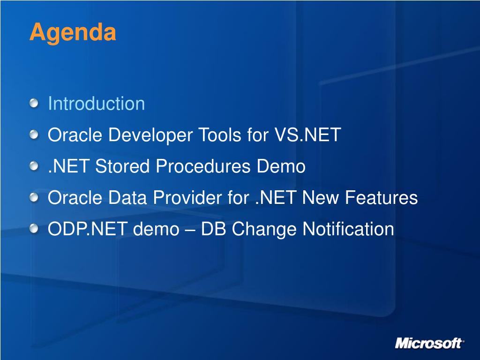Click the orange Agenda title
pyautogui.click(x=73, y=33)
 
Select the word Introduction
pyautogui.click(x=97, y=103)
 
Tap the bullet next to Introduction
pyautogui.click(x=34, y=104)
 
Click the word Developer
pyautogui.click(x=150, y=135)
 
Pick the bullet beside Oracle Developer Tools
pyautogui.click(x=34, y=135)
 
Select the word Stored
pyautogui.click(x=122, y=166)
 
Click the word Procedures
pyautogui.click(x=203, y=166)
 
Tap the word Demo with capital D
pyautogui.click(x=281, y=166)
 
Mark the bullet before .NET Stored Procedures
pyautogui.click(x=34, y=166)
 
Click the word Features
pyautogui.click(x=382, y=197)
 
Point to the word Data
pyautogui.click(x=127, y=197)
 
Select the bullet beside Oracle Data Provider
pyautogui.click(x=34, y=198)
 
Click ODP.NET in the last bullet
pyautogui.click(x=88, y=229)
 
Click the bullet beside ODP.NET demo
pyautogui.click(x=34, y=229)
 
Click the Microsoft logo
pyautogui.click(x=430, y=343)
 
